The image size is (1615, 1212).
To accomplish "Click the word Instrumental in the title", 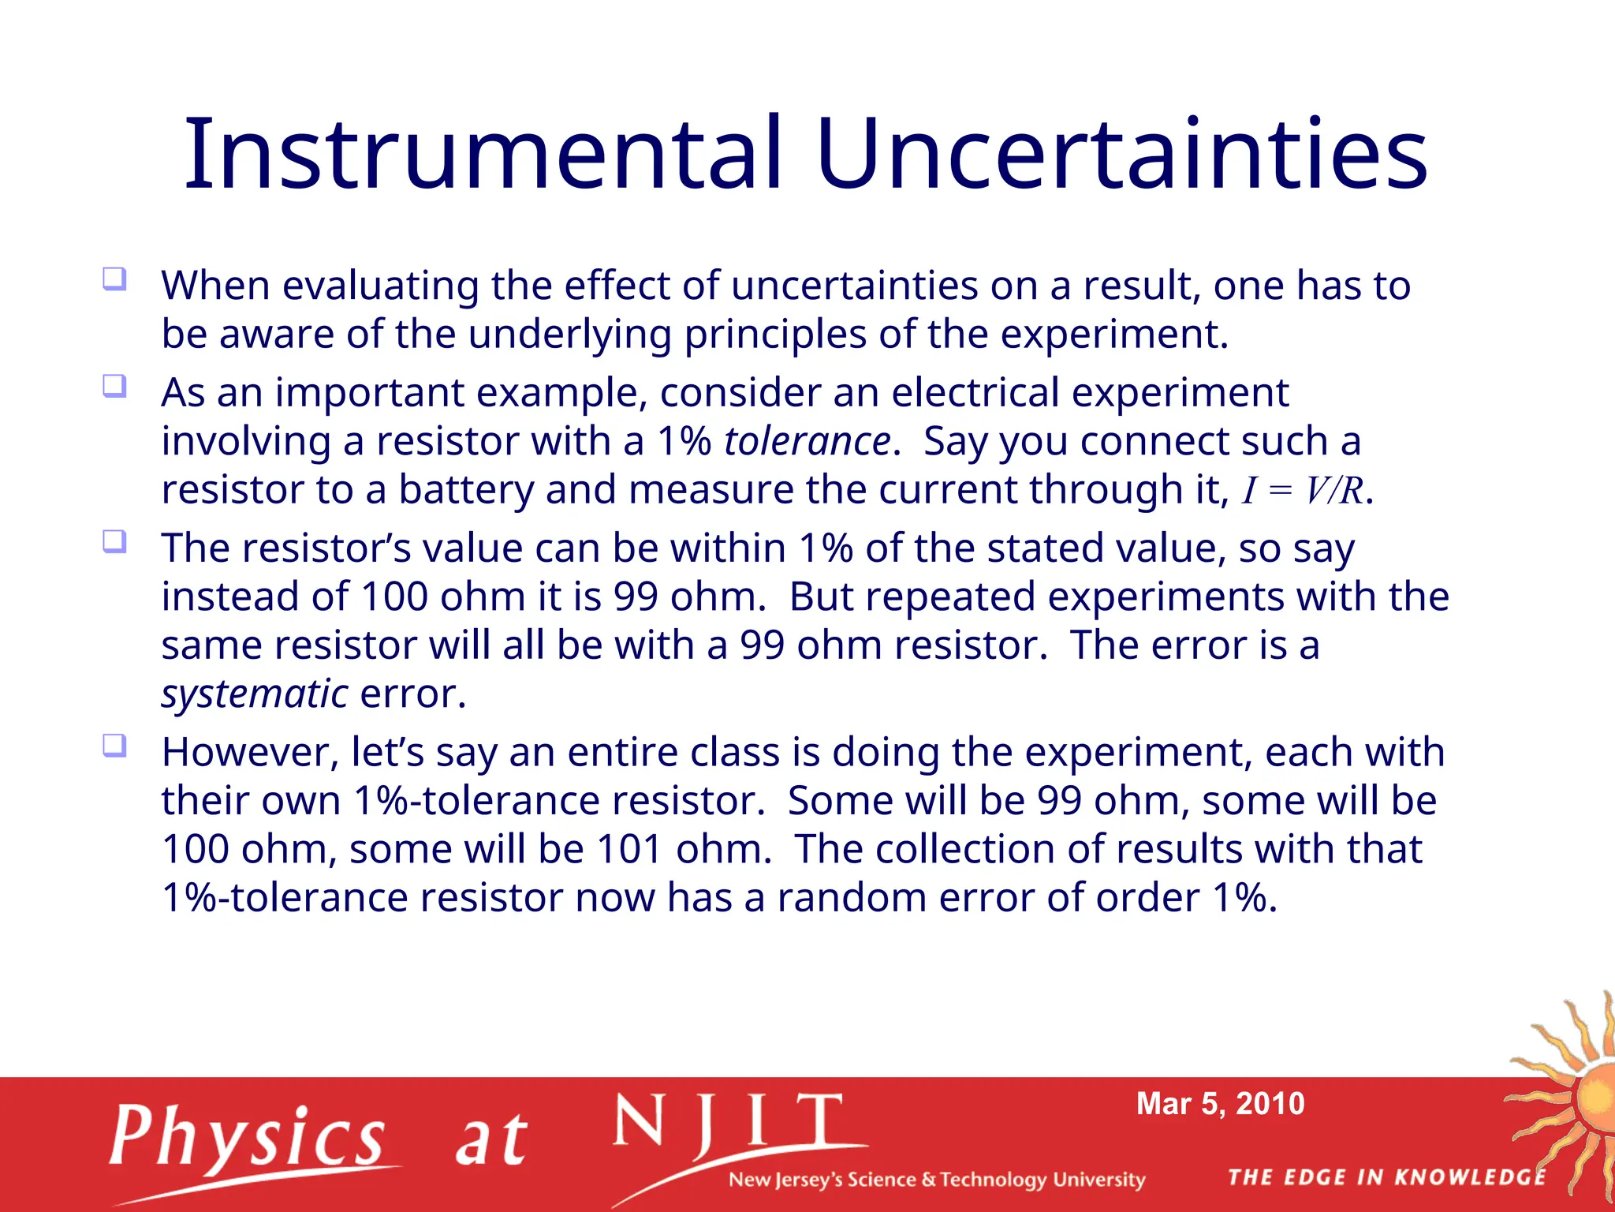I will click(483, 154).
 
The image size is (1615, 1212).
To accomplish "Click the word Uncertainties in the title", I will click(1121, 154).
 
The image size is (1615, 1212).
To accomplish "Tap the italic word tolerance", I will click(807, 441).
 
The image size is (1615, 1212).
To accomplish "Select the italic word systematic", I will click(254, 694).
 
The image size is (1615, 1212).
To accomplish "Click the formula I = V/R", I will click(1302, 491).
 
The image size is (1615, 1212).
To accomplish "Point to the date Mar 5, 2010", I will click(1220, 1104).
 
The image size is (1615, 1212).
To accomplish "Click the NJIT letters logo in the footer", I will click(729, 1124).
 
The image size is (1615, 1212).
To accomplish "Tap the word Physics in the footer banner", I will click(247, 1137).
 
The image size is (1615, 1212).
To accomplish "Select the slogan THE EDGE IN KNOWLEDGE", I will click(1386, 1178).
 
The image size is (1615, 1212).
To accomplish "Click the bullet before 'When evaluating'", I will click(114, 279).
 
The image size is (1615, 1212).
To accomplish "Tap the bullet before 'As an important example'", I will click(114, 387).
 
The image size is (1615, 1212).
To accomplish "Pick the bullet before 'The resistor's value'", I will click(114, 542).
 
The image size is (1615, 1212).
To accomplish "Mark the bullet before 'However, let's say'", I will click(114, 746).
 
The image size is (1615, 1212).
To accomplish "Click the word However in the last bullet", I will click(250, 752).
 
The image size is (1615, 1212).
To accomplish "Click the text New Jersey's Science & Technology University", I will click(936, 1180).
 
